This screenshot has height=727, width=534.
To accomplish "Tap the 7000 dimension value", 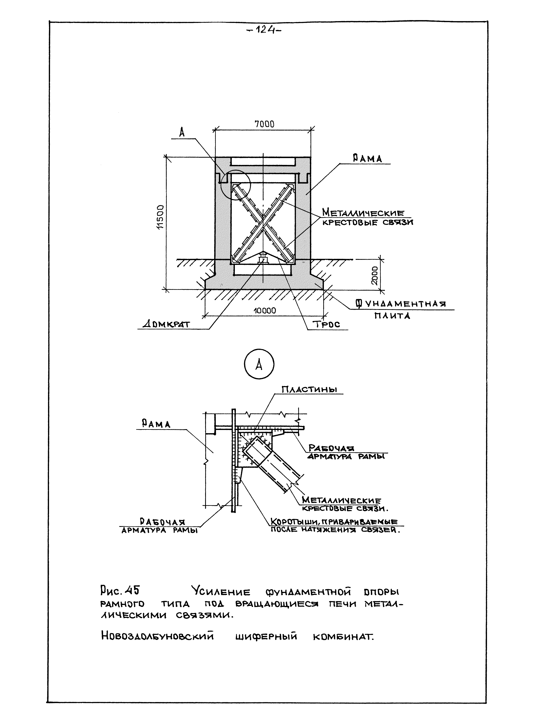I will [264, 124].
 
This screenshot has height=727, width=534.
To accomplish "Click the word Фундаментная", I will [401, 304].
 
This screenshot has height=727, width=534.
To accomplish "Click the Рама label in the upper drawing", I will [367, 158].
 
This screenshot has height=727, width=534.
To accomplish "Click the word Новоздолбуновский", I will [158, 637].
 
